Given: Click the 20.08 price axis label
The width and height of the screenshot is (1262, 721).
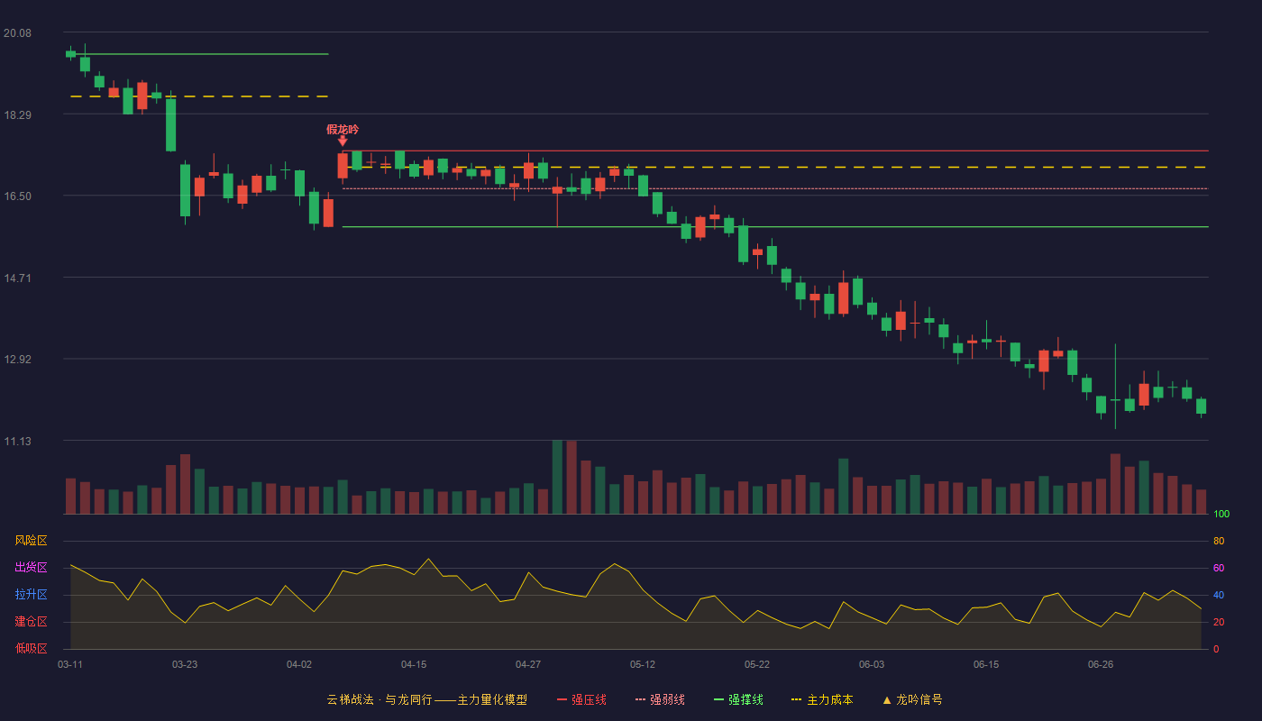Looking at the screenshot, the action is pyautogui.click(x=17, y=33).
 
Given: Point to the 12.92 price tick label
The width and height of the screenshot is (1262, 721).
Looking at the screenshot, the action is pyautogui.click(x=17, y=360).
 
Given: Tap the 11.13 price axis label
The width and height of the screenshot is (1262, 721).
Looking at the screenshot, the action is pyautogui.click(x=17, y=441).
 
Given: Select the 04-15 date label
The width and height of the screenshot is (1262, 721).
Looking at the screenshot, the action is pyautogui.click(x=414, y=665).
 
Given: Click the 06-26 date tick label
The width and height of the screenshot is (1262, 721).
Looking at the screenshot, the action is pyautogui.click(x=1101, y=665).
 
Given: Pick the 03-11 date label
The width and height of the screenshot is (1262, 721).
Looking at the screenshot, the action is pyautogui.click(x=70, y=665).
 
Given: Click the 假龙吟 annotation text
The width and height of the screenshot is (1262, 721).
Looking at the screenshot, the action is pyautogui.click(x=343, y=130).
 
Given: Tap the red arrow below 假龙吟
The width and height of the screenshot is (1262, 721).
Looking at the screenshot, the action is pyautogui.click(x=343, y=141).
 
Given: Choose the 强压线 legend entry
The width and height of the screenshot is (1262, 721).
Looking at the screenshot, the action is pyautogui.click(x=581, y=699).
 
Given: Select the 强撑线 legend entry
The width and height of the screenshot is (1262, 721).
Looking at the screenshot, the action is pyautogui.click(x=738, y=699).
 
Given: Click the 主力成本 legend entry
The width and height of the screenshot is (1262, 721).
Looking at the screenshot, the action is pyautogui.click(x=822, y=699).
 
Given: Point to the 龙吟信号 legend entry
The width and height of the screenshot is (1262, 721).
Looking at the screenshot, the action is pyautogui.click(x=912, y=699).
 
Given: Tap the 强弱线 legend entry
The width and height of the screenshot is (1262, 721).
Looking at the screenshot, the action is pyautogui.click(x=660, y=699).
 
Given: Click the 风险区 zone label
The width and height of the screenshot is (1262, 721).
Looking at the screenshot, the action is pyautogui.click(x=31, y=541).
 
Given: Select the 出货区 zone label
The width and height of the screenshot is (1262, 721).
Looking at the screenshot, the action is pyautogui.click(x=31, y=567).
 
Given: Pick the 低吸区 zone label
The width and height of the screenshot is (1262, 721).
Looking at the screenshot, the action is pyautogui.click(x=31, y=648).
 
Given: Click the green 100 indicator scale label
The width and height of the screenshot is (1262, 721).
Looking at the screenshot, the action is pyautogui.click(x=1221, y=514).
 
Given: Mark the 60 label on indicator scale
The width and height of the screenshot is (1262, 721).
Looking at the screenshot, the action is pyautogui.click(x=1219, y=568).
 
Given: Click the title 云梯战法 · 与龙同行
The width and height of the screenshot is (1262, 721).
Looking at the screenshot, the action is pyautogui.click(x=380, y=699).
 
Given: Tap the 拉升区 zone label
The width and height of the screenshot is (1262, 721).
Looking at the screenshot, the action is pyautogui.click(x=31, y=594).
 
